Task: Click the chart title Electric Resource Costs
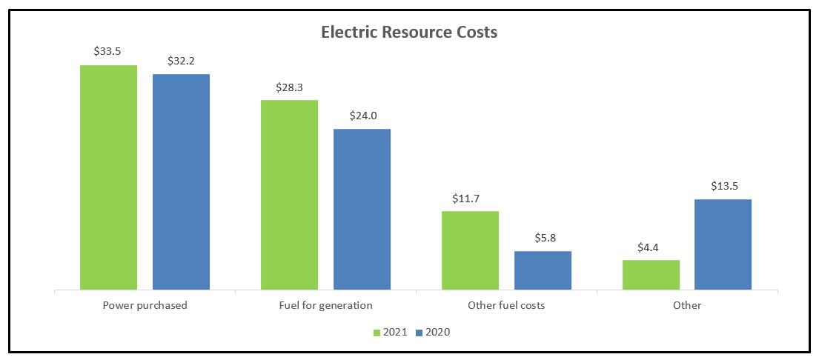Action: click(x=409, y=33)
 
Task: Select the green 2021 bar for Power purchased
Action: click(x=108, y=177)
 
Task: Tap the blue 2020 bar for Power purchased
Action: click(x=181, y=181)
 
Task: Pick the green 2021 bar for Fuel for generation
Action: click(x=289, y=194)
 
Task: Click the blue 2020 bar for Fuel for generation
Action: click(x=362, y=209)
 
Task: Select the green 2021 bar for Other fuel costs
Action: click(x=470, y=250)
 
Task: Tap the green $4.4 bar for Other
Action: click(x=651, y=274)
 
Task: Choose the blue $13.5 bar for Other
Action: click(x=723, y=244)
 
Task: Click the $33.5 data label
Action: click(x=108, y=52)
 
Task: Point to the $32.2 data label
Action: click(x=181, y=61)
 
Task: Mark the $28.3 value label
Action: click(x=289, y=87)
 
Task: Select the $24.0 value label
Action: click(x=362, y=116)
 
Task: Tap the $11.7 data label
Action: click(x=470, y=199)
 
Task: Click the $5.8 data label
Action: click(x=543, y=239)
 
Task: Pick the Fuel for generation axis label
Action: click(x=325, y=305)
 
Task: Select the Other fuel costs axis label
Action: click(x=506, y=305)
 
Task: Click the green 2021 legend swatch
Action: click(x=377, y=333)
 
